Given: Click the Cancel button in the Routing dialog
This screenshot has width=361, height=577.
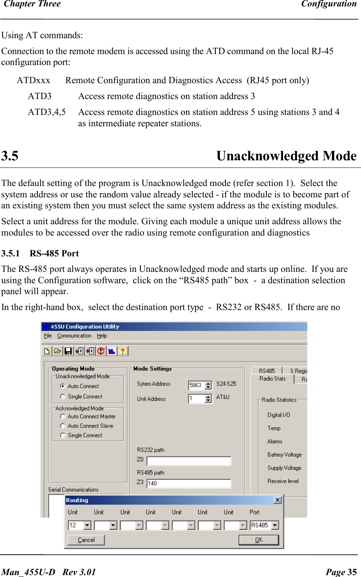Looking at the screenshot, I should (86, 540).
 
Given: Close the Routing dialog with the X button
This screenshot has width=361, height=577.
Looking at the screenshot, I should (278, 500).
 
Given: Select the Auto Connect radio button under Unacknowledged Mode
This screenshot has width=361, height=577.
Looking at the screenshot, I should (63, 386).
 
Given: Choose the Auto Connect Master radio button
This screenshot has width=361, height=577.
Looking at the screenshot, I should (63, 416).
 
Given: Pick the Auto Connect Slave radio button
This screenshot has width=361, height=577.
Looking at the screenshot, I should (63, 426).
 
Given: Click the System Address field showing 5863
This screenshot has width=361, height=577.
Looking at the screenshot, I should (196, 385).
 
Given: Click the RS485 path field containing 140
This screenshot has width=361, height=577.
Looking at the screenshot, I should (189, 483).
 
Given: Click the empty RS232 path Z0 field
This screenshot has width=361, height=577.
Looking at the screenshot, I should (189, 461).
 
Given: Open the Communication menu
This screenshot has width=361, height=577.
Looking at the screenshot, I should (74, 336).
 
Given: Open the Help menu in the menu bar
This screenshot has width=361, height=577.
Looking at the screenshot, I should (102, 336).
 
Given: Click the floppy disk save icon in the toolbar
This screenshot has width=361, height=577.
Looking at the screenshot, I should (68, 351).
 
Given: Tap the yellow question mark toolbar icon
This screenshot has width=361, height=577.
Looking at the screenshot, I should (122, 351).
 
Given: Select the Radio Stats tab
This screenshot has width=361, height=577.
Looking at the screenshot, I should (272, 378).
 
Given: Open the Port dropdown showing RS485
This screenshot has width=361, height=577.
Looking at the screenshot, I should (275, 525).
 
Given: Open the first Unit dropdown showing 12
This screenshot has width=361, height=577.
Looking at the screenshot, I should (87, 525).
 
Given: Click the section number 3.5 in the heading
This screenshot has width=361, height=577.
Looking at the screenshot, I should (10, 156).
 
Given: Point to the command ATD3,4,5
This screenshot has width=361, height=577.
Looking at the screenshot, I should (47, 112).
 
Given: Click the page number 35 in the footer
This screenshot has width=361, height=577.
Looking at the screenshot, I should (352, 572).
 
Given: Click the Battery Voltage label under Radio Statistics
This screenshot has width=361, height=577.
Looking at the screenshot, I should (284, 454).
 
